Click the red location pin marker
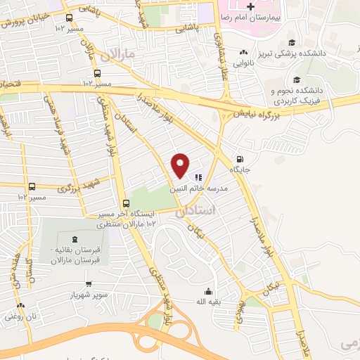(181, 165)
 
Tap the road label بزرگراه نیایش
(261, 112)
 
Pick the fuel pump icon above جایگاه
(241, 159)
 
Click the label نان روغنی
(20, 316)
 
